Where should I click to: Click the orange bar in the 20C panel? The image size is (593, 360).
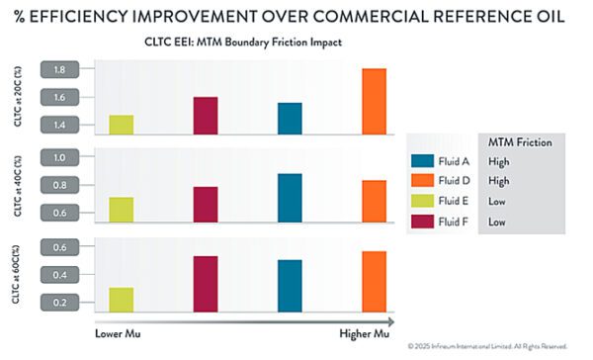[x=374, y=102]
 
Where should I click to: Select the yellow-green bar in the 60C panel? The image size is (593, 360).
[x=122, y=300]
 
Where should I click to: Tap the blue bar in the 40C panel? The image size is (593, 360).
[x=290, y=198]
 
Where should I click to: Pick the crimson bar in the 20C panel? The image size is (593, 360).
[x=206, y=116]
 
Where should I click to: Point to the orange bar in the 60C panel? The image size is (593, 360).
[x=374, y=282]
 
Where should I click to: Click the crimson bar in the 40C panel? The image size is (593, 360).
[x=206, y=205]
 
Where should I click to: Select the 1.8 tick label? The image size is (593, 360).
[x=59, y=69]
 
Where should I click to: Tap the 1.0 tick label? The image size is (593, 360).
[x=59, y=157]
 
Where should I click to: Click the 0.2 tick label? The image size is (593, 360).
[x=59, y=303]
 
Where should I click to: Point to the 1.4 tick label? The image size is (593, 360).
[x=59, y=125]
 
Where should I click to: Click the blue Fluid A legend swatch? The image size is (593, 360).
[x=422, y=161]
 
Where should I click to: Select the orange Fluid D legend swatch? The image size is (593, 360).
[x=422, y=180]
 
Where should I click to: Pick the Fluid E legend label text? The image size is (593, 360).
[x=454, y=201]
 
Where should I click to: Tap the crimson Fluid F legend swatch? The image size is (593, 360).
[x=422, y=222]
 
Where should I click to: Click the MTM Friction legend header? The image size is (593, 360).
[x=520, y=142]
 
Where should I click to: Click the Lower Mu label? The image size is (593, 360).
[x=118, y=333]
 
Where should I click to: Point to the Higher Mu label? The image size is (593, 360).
[x=364, y=333]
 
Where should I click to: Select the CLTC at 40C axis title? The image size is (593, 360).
[x=18, y=186]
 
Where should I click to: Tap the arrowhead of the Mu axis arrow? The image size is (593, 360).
[x=390, y=322]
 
